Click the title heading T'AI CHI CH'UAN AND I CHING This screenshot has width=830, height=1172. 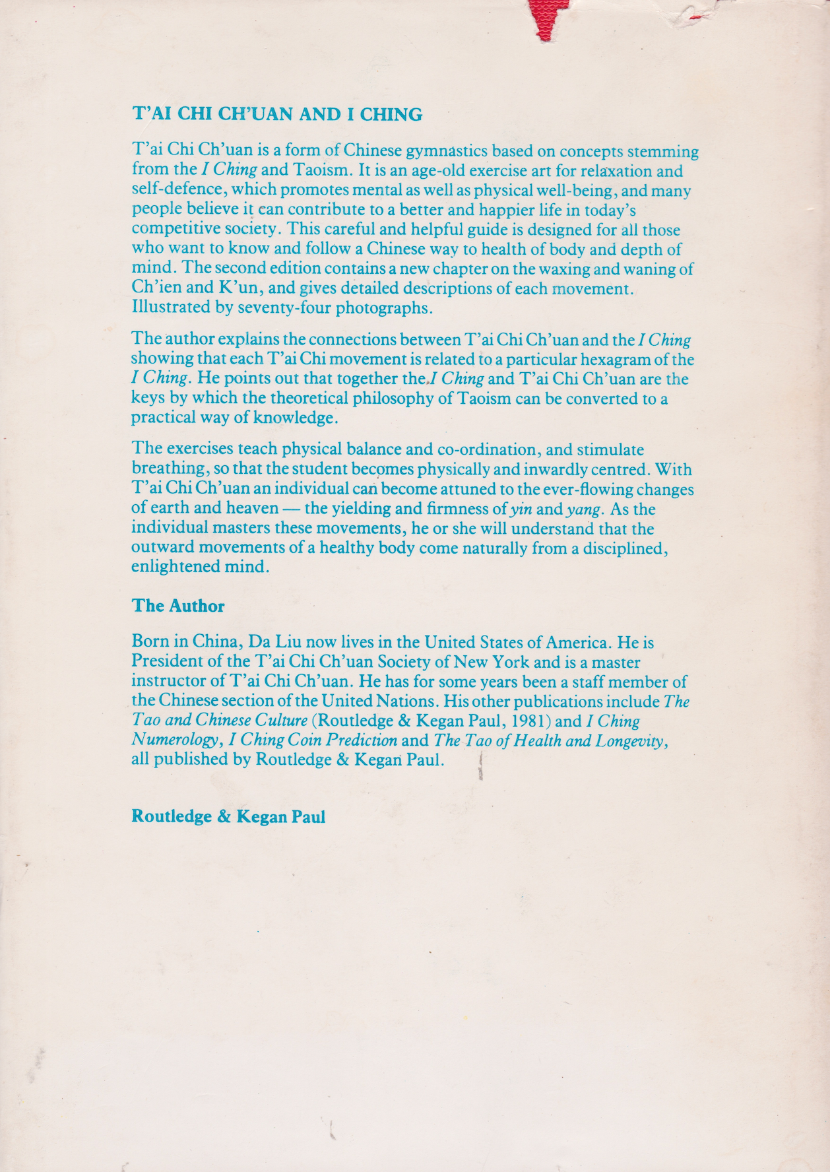277,114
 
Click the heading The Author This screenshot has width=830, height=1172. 178,606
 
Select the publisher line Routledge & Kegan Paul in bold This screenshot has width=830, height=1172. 228,816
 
